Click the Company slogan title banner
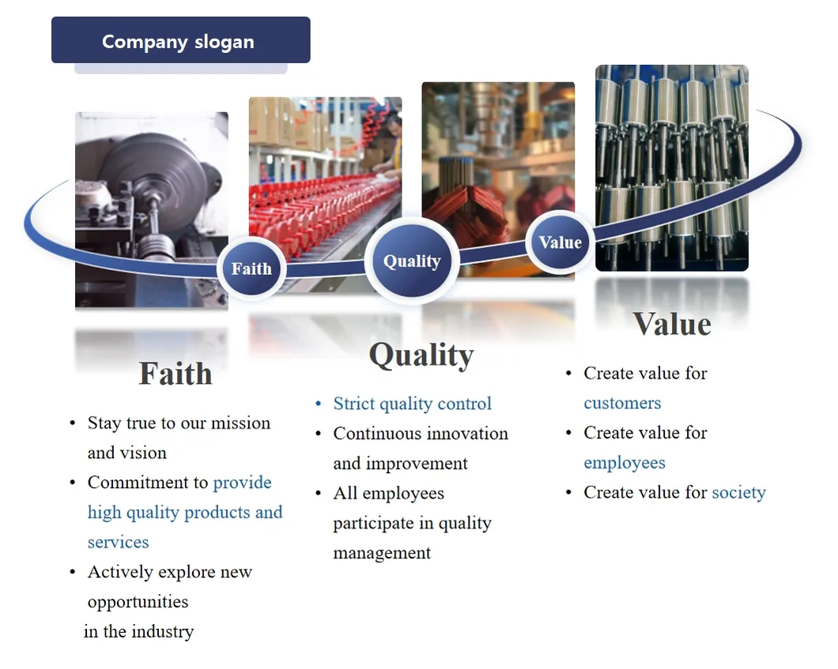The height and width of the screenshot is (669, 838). pos(180,40)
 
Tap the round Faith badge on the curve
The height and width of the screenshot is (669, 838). pos(251,269)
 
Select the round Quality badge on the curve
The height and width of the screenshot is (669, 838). pos(412,261)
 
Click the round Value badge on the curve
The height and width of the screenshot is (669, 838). pos(560,242)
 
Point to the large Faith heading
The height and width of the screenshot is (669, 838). pos(176,374)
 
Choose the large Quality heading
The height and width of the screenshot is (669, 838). pos(421,355)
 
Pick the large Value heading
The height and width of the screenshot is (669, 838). pos(672,324)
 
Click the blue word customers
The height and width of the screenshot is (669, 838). pos(622,403)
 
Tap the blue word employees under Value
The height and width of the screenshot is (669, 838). pos(625,463)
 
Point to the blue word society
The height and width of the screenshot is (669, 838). pos(738,493)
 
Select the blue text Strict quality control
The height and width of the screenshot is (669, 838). pos(412,404)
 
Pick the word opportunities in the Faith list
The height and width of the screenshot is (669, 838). pos(138,602)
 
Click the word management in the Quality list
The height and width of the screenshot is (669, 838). pos(382,553)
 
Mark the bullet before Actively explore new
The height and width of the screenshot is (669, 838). pos(73,572)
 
